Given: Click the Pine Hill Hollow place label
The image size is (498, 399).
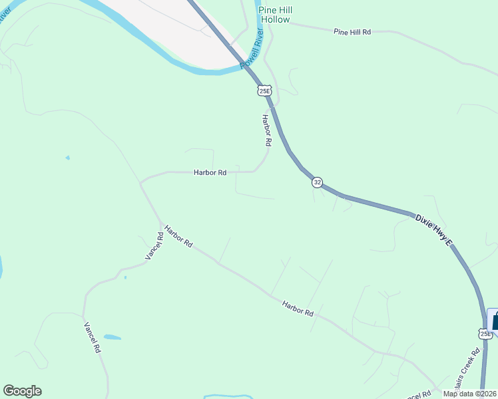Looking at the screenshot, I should tap(275, 15).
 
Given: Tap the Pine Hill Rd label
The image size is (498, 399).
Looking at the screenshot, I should tap(352, 31).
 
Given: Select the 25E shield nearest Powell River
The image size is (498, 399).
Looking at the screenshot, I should tap(264, 90).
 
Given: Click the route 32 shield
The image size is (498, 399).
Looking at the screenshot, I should tap(317, 182).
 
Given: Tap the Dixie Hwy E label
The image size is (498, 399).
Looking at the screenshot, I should tap(433, 231).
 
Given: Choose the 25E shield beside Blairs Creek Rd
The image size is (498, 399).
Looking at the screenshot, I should tap(485, 333).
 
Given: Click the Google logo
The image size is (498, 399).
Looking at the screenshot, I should tap(22, 391).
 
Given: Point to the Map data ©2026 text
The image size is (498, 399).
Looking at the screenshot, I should tap(470, 394).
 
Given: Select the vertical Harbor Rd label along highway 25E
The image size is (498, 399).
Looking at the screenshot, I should tap(266, 130).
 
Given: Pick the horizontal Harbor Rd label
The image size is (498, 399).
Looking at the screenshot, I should tap(210, 172).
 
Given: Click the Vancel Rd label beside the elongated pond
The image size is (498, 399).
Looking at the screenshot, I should tap(92, 337).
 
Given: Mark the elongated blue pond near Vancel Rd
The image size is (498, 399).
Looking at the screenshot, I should tap(112, 337).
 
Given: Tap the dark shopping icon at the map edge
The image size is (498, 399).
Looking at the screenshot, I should tap(493, 319).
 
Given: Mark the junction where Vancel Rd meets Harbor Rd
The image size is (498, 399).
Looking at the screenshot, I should tap(160, 221).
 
